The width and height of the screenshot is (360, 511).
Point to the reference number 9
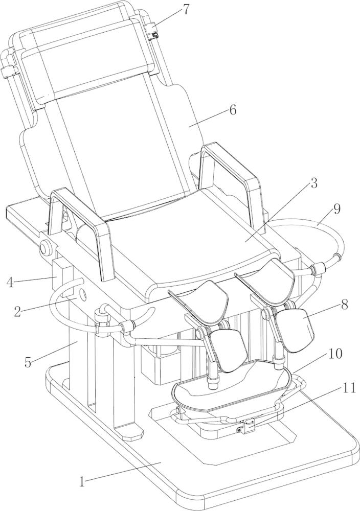[x=337, y=209]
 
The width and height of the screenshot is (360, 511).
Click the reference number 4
[x=10, y=282]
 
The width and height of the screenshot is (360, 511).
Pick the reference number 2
[x=18, y=312]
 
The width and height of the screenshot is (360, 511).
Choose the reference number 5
[x=28, y=362]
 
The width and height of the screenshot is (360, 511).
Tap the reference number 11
[x=348, y=388]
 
